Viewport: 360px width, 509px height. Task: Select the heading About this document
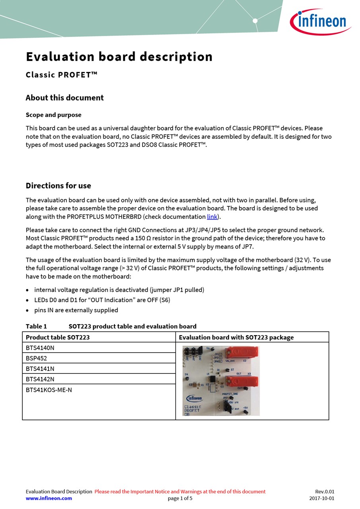tap(64, 98)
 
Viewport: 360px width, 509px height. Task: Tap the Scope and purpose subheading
tap(53, 115)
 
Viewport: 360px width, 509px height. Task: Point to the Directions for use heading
tap(58, 186)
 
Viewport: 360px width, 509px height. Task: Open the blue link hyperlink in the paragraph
tap(212, 217)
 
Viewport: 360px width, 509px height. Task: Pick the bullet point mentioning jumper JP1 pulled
tap(119, 290)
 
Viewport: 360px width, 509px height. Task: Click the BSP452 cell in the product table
tap(36, 358)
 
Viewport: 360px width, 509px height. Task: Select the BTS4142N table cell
tap(40, 379)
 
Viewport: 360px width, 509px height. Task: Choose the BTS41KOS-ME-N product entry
tap(49, 390)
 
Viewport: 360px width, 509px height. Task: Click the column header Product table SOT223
tap(58, 338)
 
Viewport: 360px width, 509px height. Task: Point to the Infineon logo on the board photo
tap(194, 398)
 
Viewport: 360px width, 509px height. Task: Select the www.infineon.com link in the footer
tap(49, 498)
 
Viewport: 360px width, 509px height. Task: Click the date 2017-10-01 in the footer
tap(321, 498)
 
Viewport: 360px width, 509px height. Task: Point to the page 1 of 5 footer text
tap(180, 498)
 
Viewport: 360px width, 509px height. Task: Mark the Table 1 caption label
tap(36, 326)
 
